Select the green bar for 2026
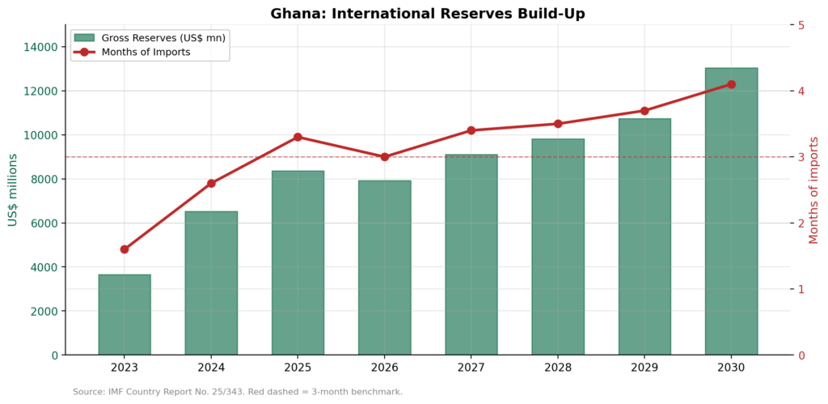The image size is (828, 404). (x=384, y=267)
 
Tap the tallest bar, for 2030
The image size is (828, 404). (x=731, y=211)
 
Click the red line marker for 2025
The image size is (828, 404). (x=298, y=137)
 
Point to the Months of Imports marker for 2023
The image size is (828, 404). (x=125, y=249)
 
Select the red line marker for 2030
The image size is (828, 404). (x=731, y=84)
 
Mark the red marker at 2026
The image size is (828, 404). (x=384, y=157)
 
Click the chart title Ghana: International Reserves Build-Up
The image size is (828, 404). (x=427, y=13)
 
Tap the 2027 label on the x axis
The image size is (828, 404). (x=471, y=367)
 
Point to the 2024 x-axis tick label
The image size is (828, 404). (x=211, y=367)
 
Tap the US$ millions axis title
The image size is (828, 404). (x=13, y=189)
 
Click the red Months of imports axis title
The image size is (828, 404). (x=814, y=189)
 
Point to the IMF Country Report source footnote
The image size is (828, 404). (x=237, y=392)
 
